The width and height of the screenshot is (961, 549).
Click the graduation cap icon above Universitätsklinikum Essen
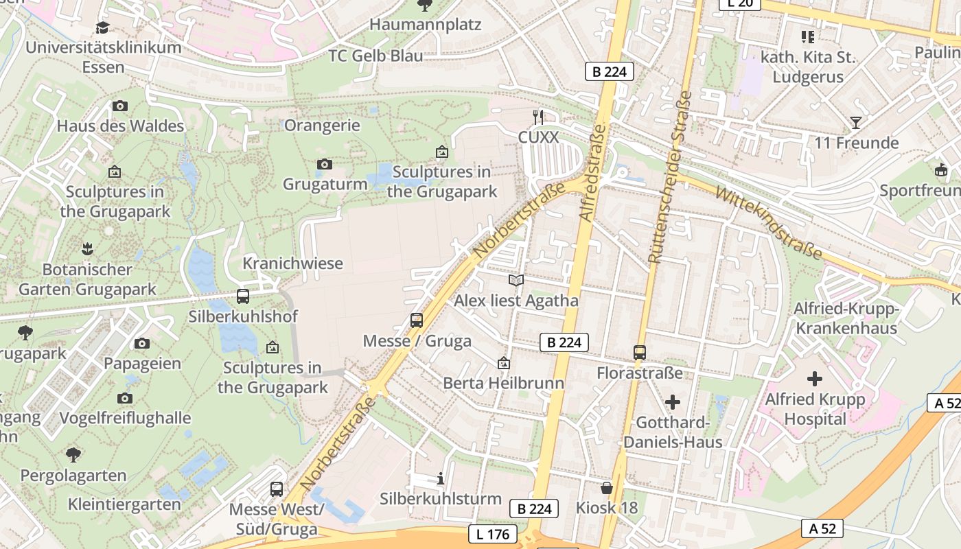[102, 27]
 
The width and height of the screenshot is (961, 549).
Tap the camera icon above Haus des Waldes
[120, 106]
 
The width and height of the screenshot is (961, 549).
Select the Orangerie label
[322, 125]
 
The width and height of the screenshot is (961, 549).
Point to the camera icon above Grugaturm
[325, 164]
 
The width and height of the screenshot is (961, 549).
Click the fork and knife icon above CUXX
[539, 117]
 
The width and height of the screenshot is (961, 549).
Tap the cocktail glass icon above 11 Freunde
[855, 123]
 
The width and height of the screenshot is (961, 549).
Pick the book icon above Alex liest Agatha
[516, 280]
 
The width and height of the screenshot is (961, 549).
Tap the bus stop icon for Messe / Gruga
[417, 320]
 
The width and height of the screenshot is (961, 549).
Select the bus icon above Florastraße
[640, 353]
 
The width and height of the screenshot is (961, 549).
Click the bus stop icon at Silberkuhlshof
[243, 296]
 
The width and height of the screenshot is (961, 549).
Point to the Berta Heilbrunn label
[504, 383]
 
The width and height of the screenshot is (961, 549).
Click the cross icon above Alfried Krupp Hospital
[815, 378]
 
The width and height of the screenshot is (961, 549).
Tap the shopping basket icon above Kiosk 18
[607, 488]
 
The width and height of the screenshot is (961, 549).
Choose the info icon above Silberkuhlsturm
[441, 478]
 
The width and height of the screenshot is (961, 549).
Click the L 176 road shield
[493, 533]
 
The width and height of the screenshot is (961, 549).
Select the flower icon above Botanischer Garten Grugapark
[87, 248]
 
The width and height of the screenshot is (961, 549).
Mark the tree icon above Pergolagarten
[73, 454]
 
